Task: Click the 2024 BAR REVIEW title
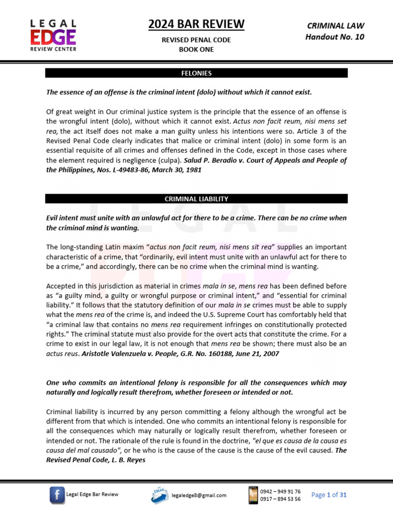click(196, 24)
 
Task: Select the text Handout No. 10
click(335, 37)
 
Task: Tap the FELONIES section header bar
click(196, 73)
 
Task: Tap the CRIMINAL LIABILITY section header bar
click(196, 199)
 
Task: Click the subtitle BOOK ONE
click(196, 50)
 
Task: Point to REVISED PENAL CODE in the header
click(196, 40)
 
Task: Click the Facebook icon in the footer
click(57, 495)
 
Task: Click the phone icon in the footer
click(253, 495)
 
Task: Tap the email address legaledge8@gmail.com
click(199, 495)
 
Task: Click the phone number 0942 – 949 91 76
click(280, 491)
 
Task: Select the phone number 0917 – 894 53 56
click(280, 499)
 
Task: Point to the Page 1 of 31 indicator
click(329, 495)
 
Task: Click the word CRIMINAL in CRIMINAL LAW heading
click(323, 26)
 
